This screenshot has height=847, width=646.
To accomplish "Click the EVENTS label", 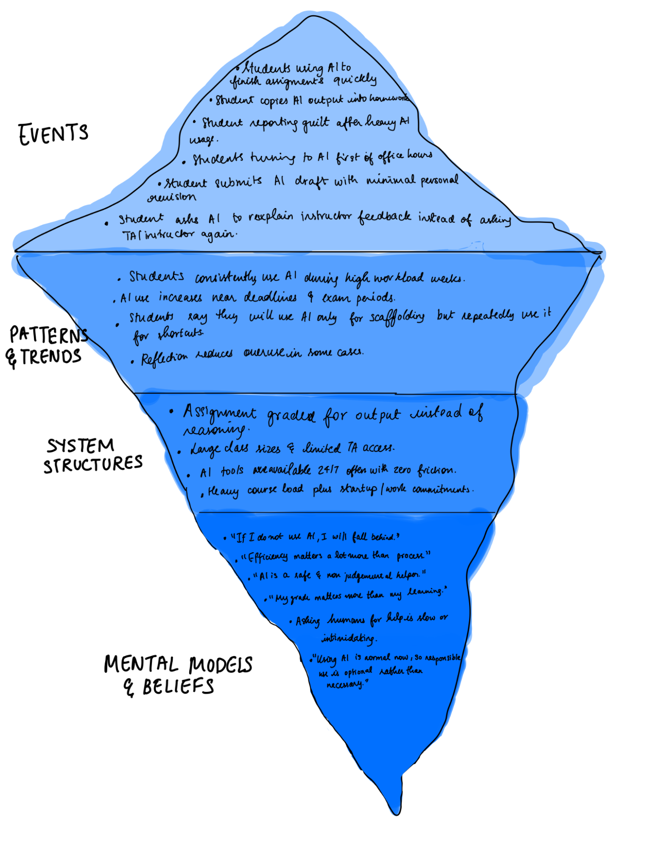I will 53,134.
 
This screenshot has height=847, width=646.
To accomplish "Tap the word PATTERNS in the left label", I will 49,335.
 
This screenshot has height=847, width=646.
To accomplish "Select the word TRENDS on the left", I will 51,357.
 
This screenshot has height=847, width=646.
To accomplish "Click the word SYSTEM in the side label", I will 80,446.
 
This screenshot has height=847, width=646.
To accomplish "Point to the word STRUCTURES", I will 93,464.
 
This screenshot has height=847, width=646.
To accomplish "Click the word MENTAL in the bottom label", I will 141,664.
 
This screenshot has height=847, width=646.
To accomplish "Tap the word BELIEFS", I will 178,687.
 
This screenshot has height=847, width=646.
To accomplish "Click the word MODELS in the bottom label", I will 221,664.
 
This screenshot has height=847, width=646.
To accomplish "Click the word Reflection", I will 164,358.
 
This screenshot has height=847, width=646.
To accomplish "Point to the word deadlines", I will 270,297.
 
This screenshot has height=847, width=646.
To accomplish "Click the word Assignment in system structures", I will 219,412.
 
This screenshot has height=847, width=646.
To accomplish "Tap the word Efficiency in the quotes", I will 267,557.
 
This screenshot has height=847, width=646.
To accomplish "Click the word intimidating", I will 348,638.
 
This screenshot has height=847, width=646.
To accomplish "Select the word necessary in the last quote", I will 345,684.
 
